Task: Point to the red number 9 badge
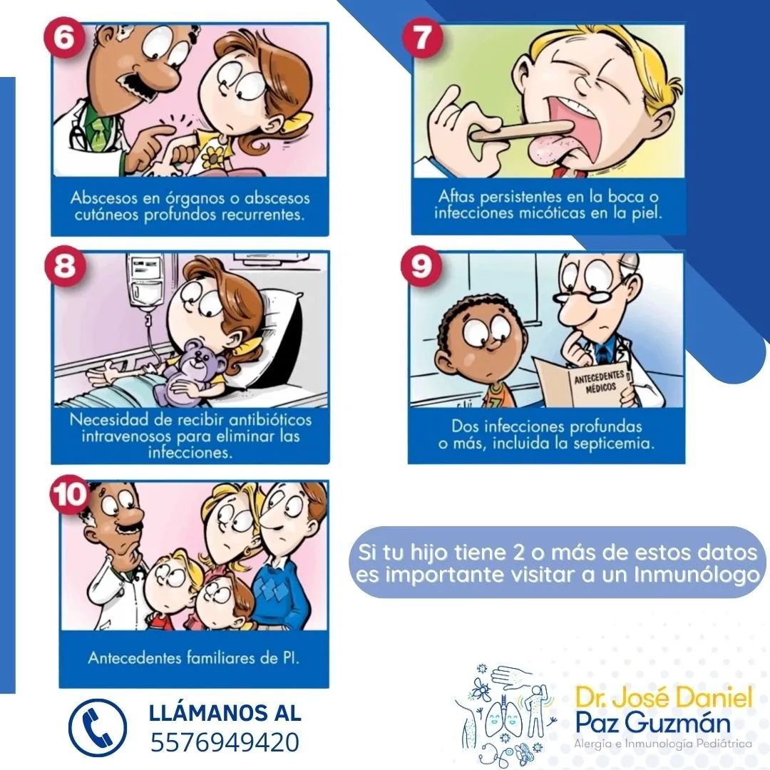(x=421, y=266)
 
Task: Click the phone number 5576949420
(x=225, y=742)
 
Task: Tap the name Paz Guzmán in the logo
(x=652, y=722)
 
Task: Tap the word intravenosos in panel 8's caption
(x=127, y=436)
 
